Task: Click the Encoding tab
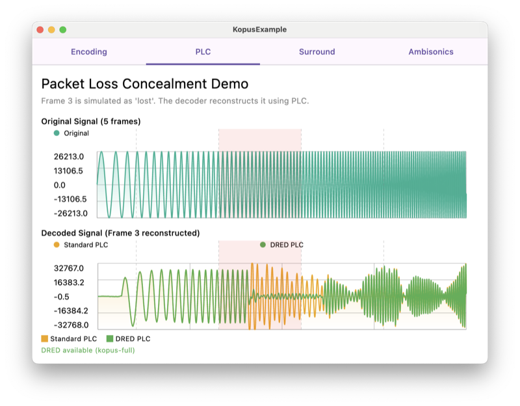click(x=89, y=52)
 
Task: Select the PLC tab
click(x=203, y=52)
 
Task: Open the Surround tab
click(x=317, y=52)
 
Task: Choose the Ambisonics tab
click(x=431, y=52)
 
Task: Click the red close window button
click(x=40, y=30)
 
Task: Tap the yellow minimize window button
click(x=51, y=30)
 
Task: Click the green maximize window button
click(x=62, y=30)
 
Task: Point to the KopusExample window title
click(x=259, y=30)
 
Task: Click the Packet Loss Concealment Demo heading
click(x=144, y=84)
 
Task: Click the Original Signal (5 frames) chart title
click(x=91, y=121)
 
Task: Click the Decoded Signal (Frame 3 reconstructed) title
click(x=120, y=233)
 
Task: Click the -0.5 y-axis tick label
click(x=62, y=297)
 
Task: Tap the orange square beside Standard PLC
click(x=45, y=339)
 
